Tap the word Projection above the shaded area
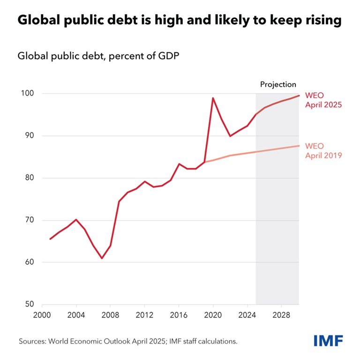pyautogui.click(x=278, y=84)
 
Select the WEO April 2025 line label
pyautogui.click(x=323, y=100)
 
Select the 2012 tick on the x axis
pyautogui.click(x=144, y=315)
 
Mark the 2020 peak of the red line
pyautogui.click(x=213, y=98)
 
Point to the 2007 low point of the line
pyautogui.click(x=102, y=258)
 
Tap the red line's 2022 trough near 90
pyautogui.click(x=230, y=136)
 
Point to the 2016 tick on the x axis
pyautogui.click(x=179, y=315)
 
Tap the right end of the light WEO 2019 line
pyautogui.click(x=299, y=146)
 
